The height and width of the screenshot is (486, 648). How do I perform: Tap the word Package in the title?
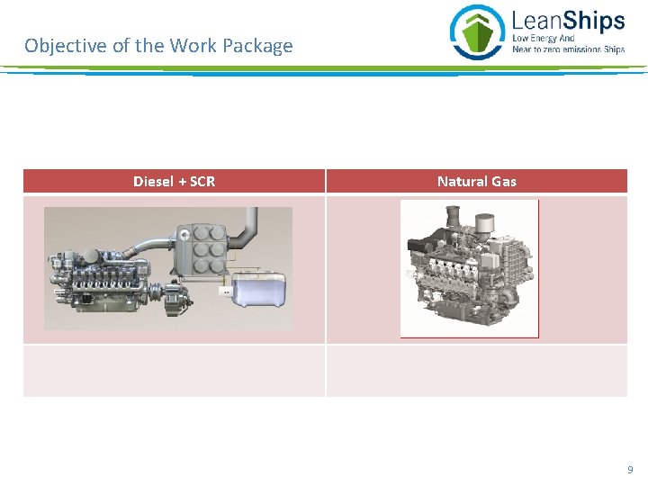coord(259,45)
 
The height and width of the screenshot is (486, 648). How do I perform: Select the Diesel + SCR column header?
coord(174,181)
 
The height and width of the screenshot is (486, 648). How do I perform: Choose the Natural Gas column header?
coord(476,181)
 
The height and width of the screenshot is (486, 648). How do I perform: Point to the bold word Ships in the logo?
coord(589,20)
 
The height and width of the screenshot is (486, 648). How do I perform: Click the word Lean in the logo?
coord(532,20)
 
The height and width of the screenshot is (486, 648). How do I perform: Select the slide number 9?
coord(629,470)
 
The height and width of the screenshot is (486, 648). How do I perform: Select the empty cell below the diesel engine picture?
coord(174,370)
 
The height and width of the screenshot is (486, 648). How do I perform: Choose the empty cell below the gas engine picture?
coord(476,370)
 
